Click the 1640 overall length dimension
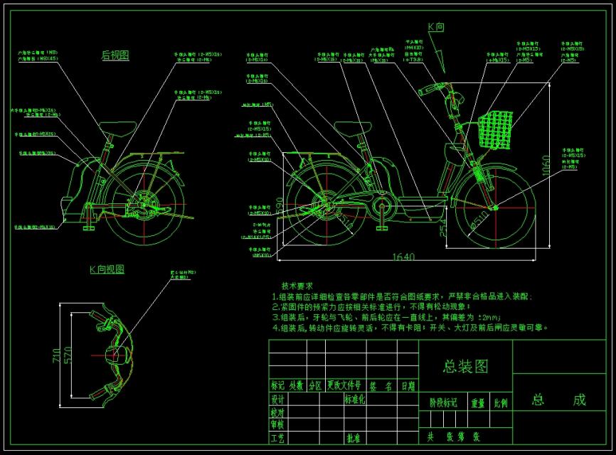tap(403, 257)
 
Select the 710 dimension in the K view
tap(57, 354)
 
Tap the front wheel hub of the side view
tap(494, 208)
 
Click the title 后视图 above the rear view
tap(115, 55)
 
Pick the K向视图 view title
tap(107, 269)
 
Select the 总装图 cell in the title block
tap(465, 366)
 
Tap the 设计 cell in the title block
tap(277, 400)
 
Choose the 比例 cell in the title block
tap(501, 402)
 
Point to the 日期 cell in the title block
tap(408, 386)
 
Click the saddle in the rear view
tap(118, 127)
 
